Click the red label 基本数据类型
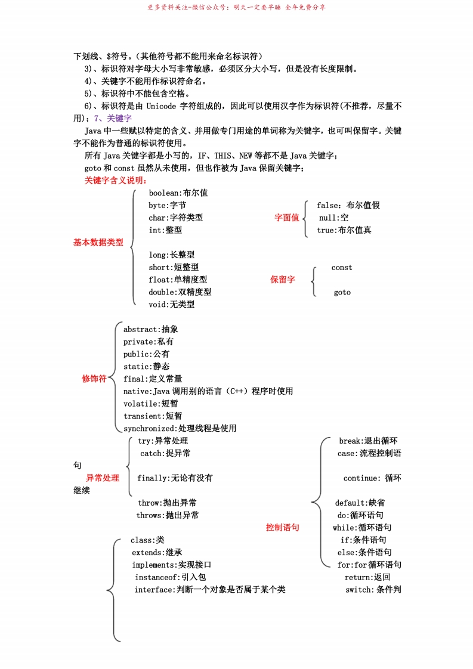[x=98, y=243]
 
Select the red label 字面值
[x=286, y=218]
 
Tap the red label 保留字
[x=283, y=280]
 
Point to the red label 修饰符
[x=94, y=379]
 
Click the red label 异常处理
[x=103, y=478]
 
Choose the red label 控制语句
[x=282, y=528]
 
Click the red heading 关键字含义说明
[x=116, y=181]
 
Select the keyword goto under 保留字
[x=342, y=292]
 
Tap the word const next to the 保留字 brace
[x=342, y=268]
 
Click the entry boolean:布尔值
[x=178, y=193]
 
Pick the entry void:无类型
[x=172, y=305]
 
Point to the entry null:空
[x=333, y=218]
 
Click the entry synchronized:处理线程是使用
[x=180, y=428]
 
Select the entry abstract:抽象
[x=150, y=329]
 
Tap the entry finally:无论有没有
[x=175, y=478]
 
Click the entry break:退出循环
[x=368, y=441]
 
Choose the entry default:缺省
[x=360, y=503]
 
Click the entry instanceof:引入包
[x=170, y=577]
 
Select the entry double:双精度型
[x=180, y=292]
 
